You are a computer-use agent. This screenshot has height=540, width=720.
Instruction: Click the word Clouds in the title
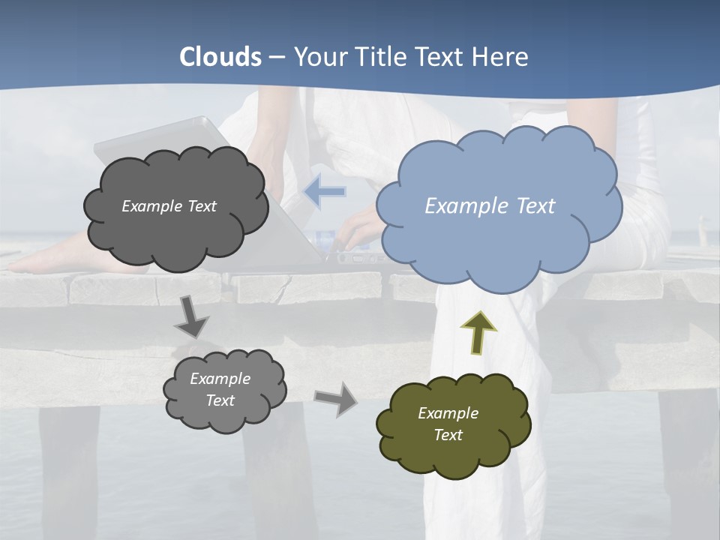tap(220, 57)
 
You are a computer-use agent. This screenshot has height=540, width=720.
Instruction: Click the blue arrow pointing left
tap(325, 192)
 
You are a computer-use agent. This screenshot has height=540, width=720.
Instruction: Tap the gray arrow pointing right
tap(337, 398)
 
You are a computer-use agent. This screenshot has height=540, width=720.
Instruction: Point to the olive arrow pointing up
tap(478, 333)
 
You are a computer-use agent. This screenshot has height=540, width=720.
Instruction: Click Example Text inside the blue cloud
tap(490, 205)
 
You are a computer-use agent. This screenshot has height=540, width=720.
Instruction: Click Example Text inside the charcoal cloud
tap(169, 206)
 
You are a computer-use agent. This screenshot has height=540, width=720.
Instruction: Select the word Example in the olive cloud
tap(448, 413)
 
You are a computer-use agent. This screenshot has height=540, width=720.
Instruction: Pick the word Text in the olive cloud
tap(448, 435)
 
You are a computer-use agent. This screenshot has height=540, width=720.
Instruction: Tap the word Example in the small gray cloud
tap(220, 379)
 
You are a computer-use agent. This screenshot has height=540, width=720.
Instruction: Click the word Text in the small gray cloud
tap(220, 400)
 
